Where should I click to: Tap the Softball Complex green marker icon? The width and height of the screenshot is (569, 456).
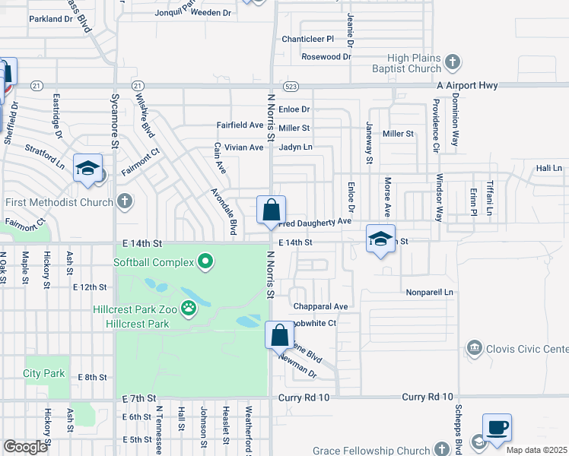tap(205, 263)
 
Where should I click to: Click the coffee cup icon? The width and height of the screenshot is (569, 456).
tap(497, 427)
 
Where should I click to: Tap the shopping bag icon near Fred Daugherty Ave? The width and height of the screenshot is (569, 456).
tap(271, 211)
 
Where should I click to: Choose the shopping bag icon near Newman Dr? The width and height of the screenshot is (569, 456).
tap(279, 334)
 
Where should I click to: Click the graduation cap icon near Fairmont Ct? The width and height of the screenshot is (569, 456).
tap(87, 168)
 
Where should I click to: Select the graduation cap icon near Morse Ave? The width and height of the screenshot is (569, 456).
tap(380, 239)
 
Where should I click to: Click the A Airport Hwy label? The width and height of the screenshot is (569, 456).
tap(467, 86)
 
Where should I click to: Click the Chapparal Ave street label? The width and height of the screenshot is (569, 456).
tap(320, 307)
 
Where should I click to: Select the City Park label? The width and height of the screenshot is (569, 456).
tap(43, 373)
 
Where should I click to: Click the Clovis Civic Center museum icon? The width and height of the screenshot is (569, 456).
tap(474, 348)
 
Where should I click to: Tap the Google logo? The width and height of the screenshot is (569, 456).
tap(25, 446)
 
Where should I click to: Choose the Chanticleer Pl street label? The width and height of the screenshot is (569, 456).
tap(308, 39)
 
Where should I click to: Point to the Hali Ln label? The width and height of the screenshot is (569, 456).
tap(548, 168)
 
